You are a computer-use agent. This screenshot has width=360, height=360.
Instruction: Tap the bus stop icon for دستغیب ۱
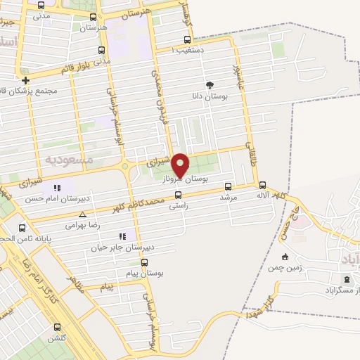tap(186, 40)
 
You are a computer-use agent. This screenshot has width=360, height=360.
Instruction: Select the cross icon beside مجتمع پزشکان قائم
tap(25, 80)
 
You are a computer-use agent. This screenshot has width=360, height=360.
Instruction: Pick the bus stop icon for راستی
tap(177, 195)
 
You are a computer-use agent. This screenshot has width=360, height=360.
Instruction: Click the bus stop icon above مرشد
tap(227, 187)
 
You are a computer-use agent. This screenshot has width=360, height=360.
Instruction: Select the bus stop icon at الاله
tap(262, 186)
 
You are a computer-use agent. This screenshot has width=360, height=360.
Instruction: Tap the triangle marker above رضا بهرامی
tap(83, 214)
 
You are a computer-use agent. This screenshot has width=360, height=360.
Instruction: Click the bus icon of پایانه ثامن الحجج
tap(22, 228)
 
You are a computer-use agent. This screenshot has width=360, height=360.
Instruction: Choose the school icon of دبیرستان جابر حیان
tap(122, 236)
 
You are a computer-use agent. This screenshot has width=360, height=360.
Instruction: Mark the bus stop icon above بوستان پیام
tap(144, 263)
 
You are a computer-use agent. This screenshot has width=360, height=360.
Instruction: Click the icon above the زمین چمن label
tap(285, 257)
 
